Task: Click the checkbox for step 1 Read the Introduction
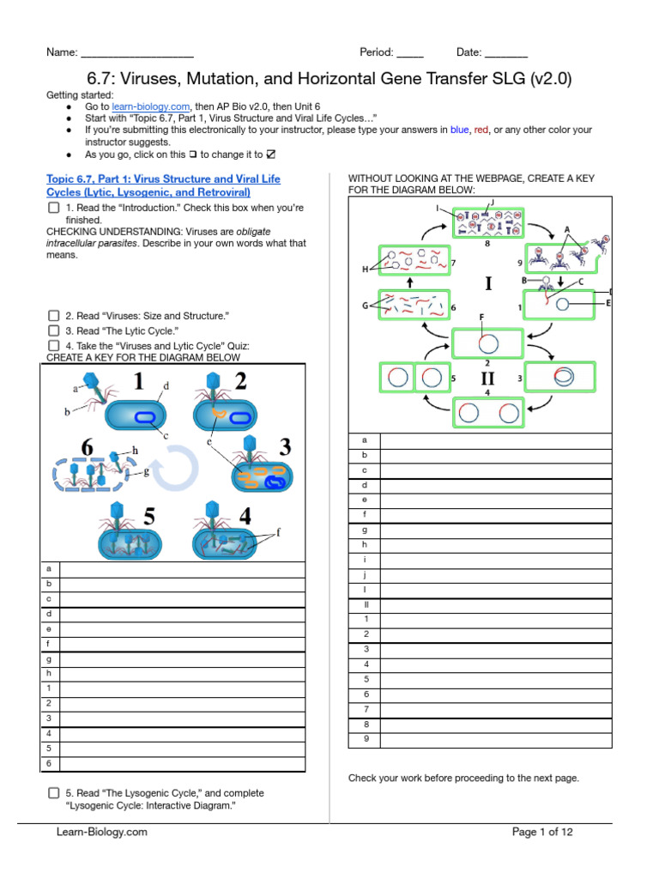[53, 209]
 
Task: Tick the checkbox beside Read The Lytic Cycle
[53, 330]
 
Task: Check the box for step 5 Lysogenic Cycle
[53, 793]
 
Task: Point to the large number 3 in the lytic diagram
[285, 447]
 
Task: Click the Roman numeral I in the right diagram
[488, 284]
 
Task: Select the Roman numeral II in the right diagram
[487, 378]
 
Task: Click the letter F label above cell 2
[482, 318]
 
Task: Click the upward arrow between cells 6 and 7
[409, 282]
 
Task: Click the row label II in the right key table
[365, 604]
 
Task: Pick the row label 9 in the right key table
[365, 738]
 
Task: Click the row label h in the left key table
[48, 673]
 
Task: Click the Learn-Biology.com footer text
[102, 832]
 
